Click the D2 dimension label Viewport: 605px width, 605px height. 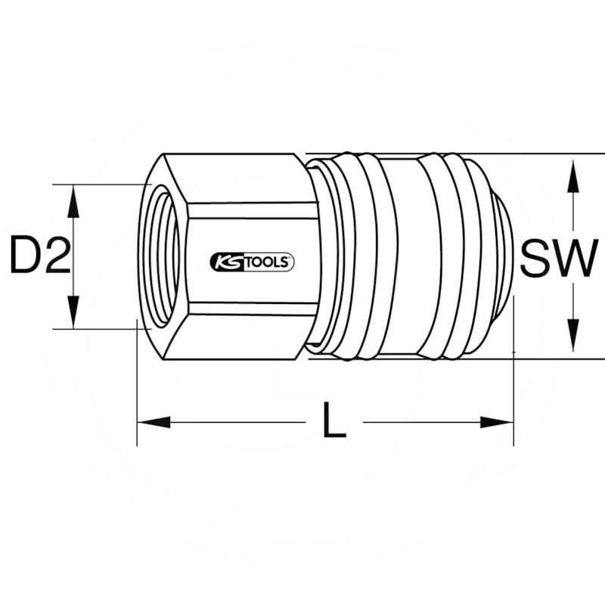39,256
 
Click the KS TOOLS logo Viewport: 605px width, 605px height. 251,262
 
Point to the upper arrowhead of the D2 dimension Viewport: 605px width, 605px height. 73,198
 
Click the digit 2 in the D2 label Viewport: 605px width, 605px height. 56,256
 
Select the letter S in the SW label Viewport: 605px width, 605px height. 538,258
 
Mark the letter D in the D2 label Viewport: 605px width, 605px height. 23,256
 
